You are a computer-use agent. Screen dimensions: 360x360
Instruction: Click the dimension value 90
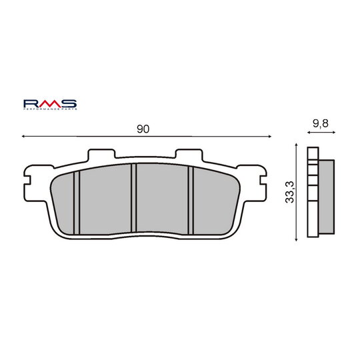pos(143,129)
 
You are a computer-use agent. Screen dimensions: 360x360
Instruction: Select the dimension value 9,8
pos(320,123)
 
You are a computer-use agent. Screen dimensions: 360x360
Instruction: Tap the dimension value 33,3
pos(289,193)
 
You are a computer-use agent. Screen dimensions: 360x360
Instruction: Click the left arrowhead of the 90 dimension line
pos(25,135)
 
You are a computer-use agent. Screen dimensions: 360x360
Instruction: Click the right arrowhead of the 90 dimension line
pos(270,135)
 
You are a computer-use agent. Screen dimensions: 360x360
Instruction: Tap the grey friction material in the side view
pos(327,197)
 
